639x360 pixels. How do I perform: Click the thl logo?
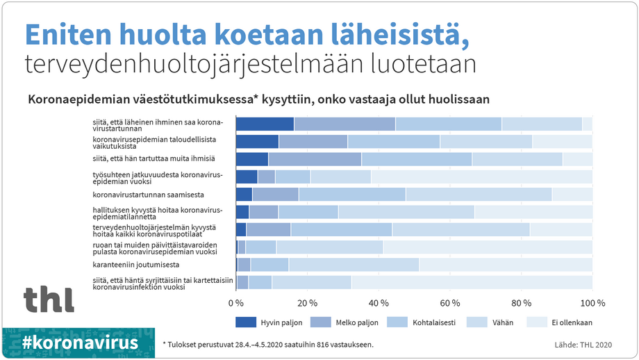pos(49,298)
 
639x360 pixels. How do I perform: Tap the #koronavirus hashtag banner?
pos(79,343)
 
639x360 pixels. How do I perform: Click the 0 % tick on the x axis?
pos(237,303)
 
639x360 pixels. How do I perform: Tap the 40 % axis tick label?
pos(379,303)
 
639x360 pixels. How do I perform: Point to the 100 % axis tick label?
pos(592,303)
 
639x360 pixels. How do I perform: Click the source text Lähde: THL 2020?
pos(583,344)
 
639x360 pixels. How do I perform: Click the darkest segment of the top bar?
pos(265,124)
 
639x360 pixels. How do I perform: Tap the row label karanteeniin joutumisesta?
pos(136,265)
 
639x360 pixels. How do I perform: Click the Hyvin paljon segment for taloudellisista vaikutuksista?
pos(257,142)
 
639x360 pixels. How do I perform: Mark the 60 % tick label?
pos(451,303)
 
